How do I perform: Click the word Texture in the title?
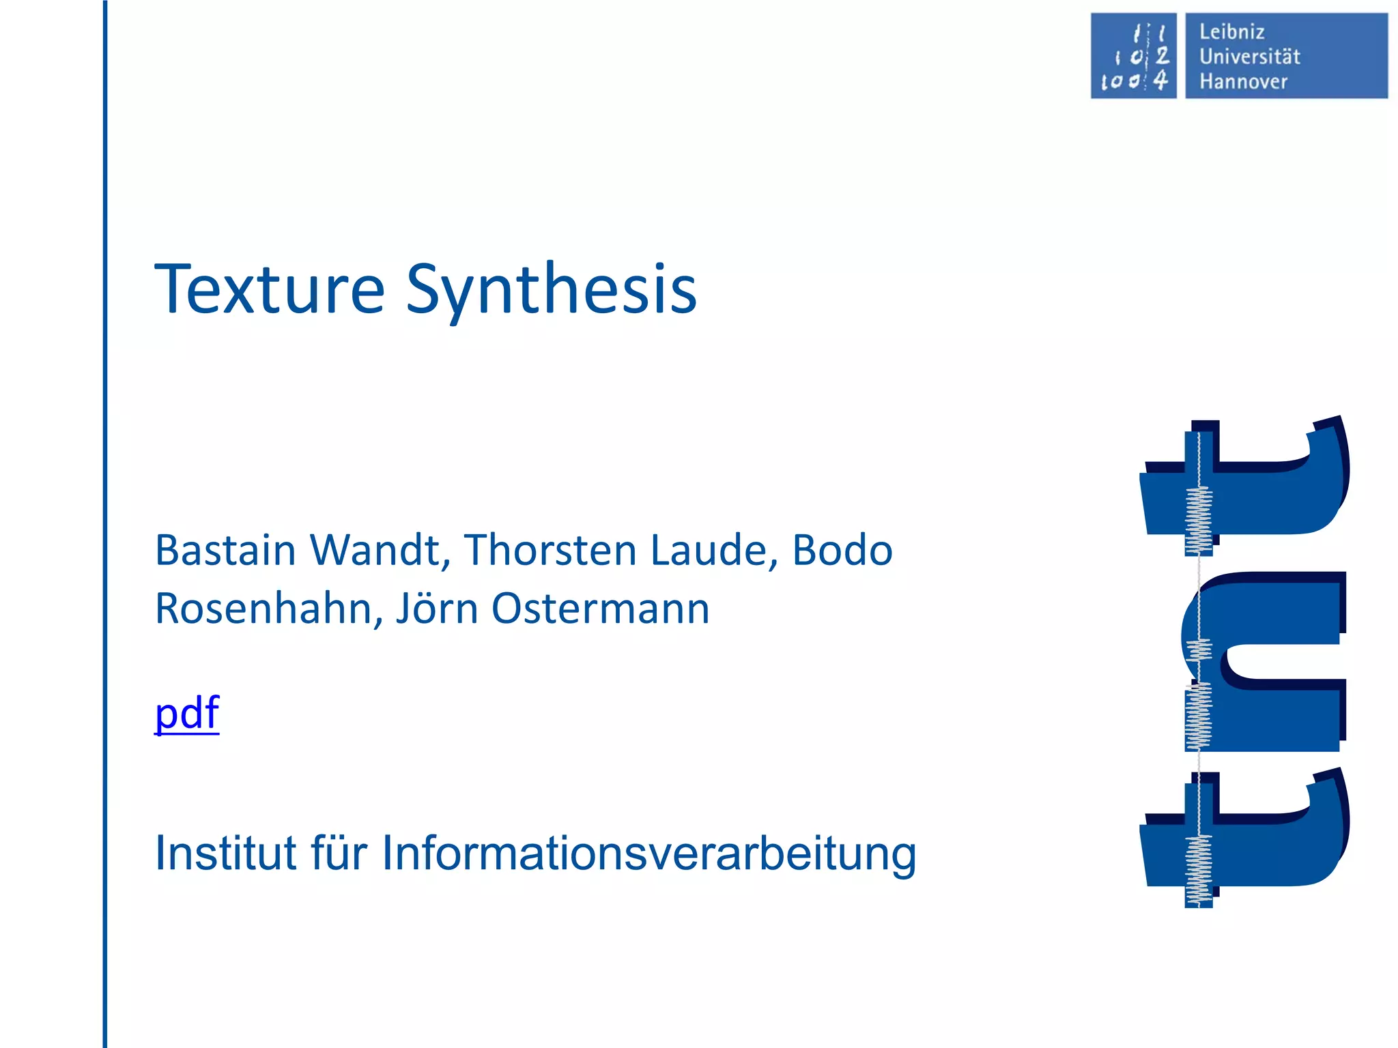click(x=270, y=290)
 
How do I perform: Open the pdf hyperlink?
click(x=187, y=714)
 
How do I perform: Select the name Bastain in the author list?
click(x=225, y=550)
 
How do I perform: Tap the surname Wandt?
click(x=380, y=550)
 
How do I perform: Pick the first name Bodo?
click(x=842, y=550)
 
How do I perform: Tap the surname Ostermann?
click(x=600, y=609)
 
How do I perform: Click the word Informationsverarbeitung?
click(x=648, y=854)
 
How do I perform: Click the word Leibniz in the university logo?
click(x=1231, y=32)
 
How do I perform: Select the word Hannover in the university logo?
click(x=1243, y=82)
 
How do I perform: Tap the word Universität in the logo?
click(x=1249, y=57)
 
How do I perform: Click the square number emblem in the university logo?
click(x=1133, y=56)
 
